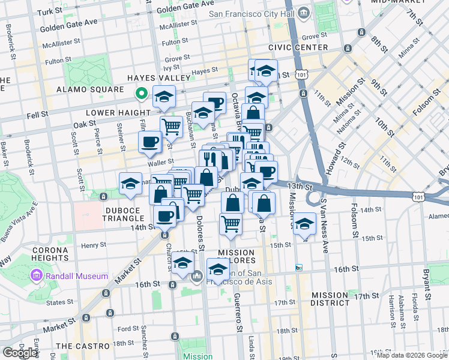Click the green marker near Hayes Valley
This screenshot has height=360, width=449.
(x=142, y=94)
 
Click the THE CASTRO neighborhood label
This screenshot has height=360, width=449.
(x=82, y=346)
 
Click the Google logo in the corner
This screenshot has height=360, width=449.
(x=19, y=353)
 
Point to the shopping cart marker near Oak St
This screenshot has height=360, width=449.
(x=171, y=127)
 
